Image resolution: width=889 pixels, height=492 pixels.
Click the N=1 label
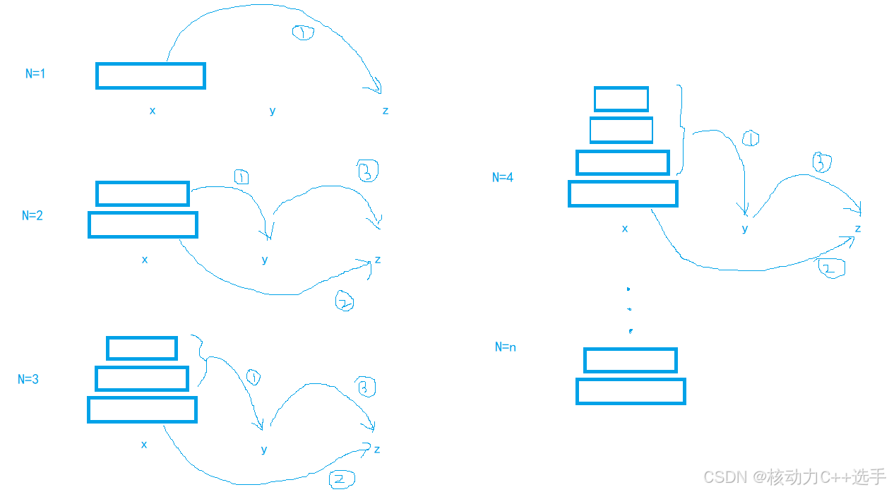click(35, 73)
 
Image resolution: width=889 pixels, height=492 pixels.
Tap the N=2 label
click(32, 215)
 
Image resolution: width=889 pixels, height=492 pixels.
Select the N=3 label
click(28, 379)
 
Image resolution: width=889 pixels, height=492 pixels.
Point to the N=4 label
click(503, 177)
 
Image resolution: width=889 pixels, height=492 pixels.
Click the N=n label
click(505, 347)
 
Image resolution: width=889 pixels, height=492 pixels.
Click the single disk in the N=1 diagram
click(150, 76)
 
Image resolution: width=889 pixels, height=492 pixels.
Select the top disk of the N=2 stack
click(143, 193)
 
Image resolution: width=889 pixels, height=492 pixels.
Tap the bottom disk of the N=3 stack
click(142, 409)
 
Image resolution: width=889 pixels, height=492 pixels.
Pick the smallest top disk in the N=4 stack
click(621, 99)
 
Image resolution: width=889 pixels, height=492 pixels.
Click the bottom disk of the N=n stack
click(631, 391)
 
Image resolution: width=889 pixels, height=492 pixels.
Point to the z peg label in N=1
click(386, 111)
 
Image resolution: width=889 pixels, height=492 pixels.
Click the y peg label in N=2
click(265, 260)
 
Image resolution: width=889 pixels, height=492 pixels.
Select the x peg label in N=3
click(144, 444)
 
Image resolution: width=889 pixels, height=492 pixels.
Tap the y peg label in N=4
click(745, 229)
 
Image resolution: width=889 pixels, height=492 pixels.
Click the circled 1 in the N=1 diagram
click(303, 32)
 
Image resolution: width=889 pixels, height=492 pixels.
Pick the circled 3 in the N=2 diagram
click(368, 171)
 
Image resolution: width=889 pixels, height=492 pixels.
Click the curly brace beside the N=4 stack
click(682, 130)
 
